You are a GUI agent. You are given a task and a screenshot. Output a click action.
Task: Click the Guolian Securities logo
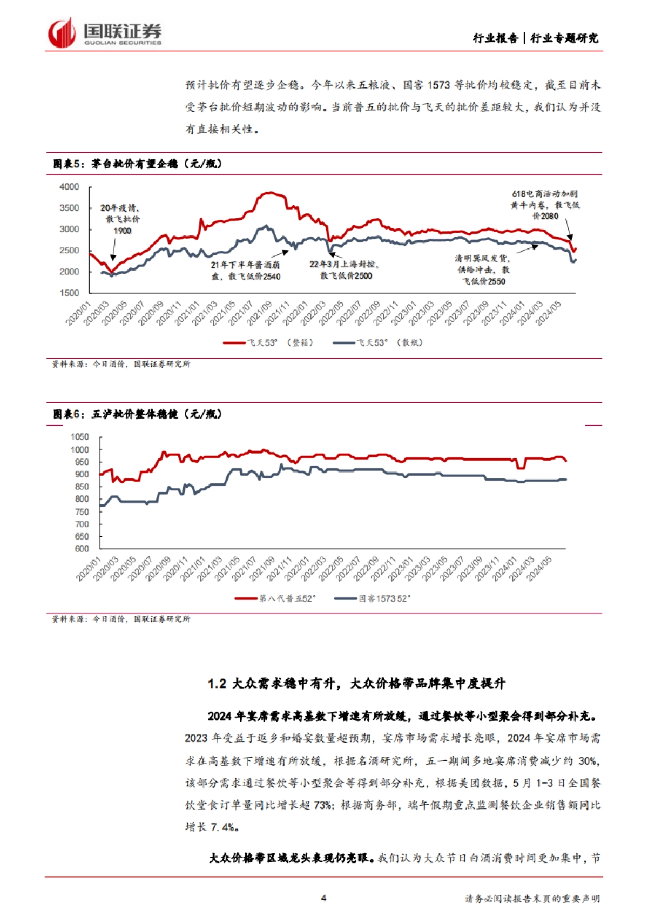(x=105, y=33)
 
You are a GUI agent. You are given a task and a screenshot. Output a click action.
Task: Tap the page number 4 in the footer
(x=323, y=898)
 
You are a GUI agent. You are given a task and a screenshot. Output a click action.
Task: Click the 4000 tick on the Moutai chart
(x=69, y=187)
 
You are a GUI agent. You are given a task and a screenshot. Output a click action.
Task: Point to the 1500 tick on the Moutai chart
(x=69, y=293)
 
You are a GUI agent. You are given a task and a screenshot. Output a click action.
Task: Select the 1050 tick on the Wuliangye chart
(x=80, y=437)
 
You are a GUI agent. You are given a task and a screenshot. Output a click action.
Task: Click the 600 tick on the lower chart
(x=82, y=549)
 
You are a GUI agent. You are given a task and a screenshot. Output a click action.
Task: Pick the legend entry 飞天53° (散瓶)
(x=378, y=342)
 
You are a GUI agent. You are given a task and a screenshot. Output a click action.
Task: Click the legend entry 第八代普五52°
(x=275, y=598)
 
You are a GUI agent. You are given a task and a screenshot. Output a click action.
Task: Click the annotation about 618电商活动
(x=545, y=205)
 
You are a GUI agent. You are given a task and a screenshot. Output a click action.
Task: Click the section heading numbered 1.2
(x=356, y=684)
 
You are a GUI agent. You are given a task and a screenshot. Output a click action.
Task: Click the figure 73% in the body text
(x=322, y=805)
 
